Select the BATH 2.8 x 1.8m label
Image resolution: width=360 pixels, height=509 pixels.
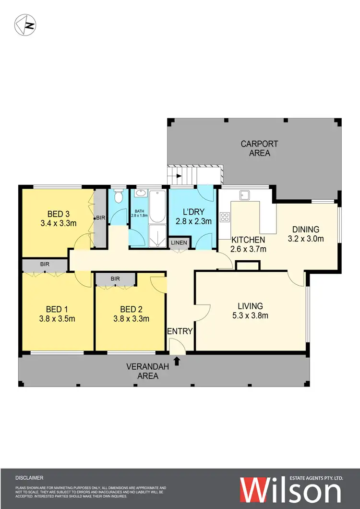tap(139, 212)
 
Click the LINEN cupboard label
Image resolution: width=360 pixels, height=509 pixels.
tap(180, 243)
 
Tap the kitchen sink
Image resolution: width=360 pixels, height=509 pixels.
tap(246, 194)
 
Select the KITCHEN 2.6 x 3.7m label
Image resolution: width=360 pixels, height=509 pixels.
tap(249, 244)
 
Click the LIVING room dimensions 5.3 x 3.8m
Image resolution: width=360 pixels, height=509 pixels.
tap(250, 315)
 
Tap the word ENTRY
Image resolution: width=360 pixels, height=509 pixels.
tap(180, 331)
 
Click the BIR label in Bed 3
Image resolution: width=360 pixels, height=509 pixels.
tap(100, 218)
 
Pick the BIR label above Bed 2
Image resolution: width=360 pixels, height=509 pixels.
tap(115, 278)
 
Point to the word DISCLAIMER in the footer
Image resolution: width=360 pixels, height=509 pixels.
tap(30, 478)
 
